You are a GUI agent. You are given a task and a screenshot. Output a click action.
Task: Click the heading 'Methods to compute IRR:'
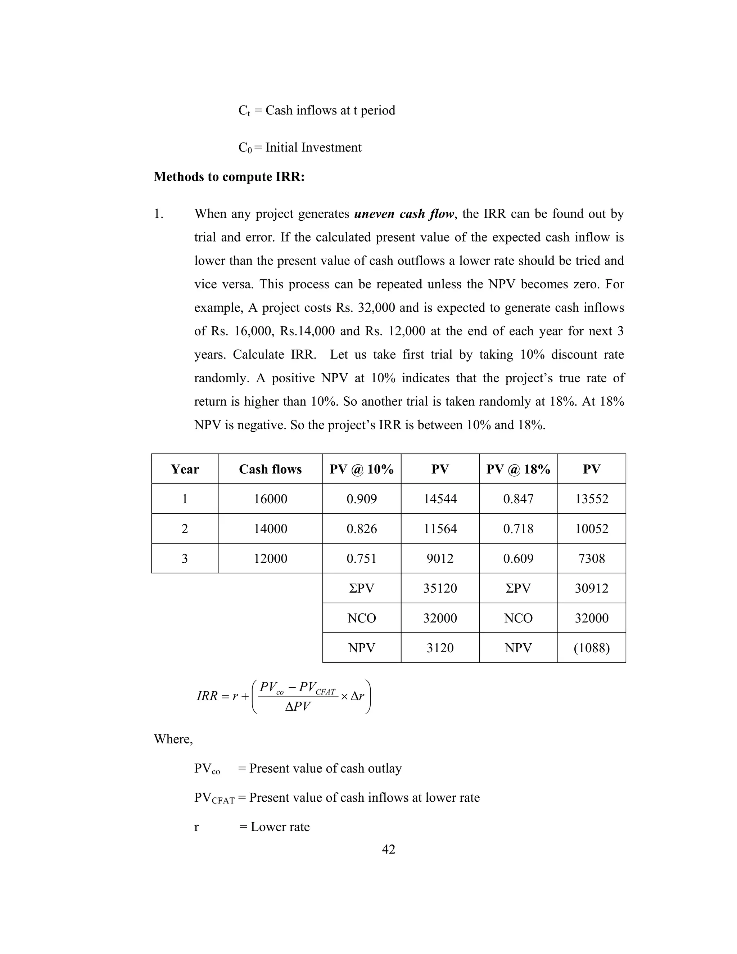click(x=229, y=176)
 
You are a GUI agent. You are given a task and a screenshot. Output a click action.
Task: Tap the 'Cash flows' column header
click(x=270, y=469)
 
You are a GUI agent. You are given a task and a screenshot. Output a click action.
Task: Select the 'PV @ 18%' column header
click(x=518, y=469)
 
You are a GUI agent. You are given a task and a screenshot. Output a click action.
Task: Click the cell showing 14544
click(x=440, y=499)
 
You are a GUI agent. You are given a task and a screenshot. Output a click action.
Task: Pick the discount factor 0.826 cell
click(x=362, y=528)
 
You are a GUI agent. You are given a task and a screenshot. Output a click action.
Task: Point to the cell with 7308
click(x=592, y=558)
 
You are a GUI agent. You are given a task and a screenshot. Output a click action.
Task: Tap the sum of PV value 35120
click(x=440, y=588)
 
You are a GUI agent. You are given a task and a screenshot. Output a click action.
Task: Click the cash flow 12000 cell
click(x=270, y=558)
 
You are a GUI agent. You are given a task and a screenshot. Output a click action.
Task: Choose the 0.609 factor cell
click(x=518, y=558)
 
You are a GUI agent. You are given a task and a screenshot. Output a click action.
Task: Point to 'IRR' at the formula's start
click(x=207, y=696)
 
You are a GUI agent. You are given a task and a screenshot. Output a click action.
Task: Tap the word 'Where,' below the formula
click(x=173, y=739)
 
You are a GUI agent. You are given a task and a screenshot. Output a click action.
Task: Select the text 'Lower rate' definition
click(x=280, y=827)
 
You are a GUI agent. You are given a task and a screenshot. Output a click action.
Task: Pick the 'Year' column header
click(x=185, y=469)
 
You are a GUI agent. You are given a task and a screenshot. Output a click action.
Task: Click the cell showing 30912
click(x=592, y=588)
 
